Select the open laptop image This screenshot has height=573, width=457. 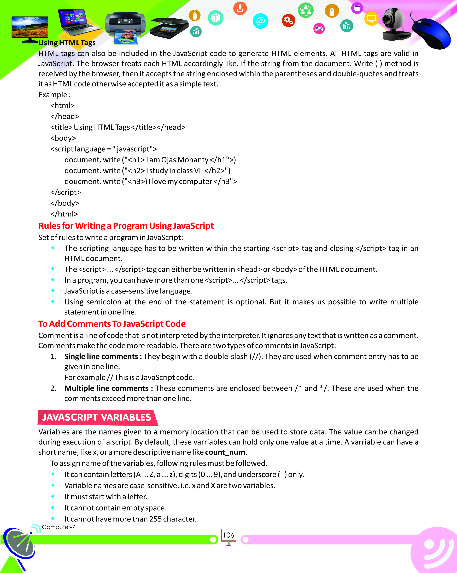[77, 23]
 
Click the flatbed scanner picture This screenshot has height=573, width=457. [169, 28]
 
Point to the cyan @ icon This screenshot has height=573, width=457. [260, 21]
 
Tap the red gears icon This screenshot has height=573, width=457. [288, 20]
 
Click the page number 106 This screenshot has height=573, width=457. [228, 535]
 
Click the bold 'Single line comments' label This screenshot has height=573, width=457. [101, 356]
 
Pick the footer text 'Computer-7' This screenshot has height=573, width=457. [58, 527]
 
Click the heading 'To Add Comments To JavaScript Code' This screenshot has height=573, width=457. [112, 324]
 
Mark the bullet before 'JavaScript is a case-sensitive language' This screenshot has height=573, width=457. [53, 290]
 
